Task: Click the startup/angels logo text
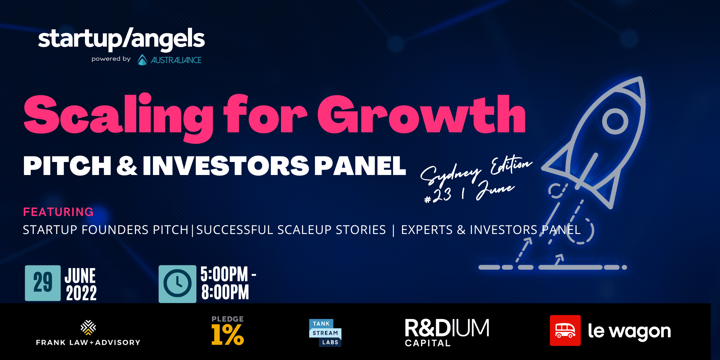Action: point(121,39)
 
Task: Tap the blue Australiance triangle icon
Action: point(142,60)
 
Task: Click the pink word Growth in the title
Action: point(421,114)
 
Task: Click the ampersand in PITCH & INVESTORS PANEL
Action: point(127,166)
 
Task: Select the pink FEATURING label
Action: point(58,212)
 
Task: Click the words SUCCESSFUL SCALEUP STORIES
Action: point(291,230)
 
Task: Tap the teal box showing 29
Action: point(43,283)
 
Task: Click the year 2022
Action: point(81,293)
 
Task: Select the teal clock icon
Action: point(177,284)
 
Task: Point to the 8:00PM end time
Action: point(225,292)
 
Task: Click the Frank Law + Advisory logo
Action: point(88,333)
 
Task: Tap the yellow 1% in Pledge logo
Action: point(228,335)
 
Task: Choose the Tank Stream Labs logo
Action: point(325,333)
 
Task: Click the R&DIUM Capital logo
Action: point(447,332)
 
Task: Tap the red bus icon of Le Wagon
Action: point(565,330)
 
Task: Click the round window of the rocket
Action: point(615,121)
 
